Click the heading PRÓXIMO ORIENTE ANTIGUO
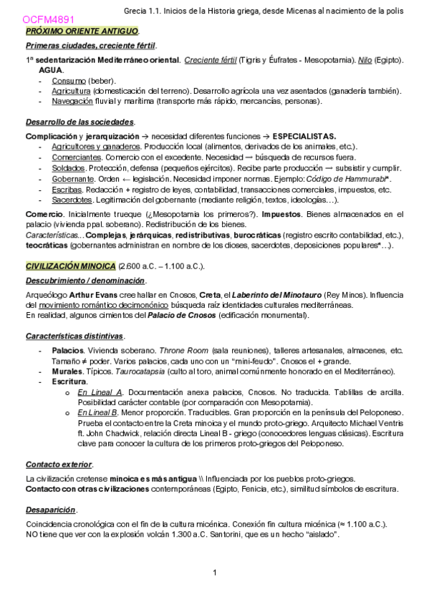click(82, 33)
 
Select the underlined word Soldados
click(68, 167)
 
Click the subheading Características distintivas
click(75, 336)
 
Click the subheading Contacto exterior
click(59, 464)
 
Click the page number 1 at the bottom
click(214, 572)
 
